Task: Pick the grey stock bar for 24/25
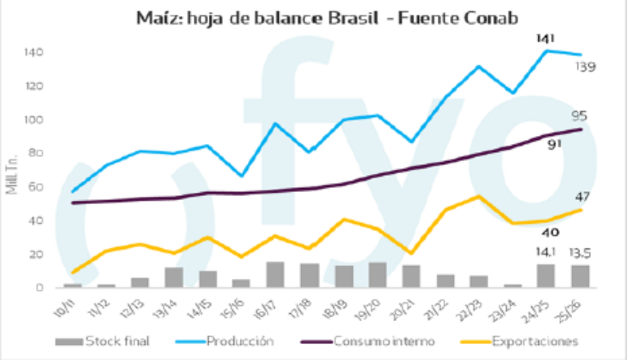547,276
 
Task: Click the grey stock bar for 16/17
276,275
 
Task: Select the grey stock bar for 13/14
174,277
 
